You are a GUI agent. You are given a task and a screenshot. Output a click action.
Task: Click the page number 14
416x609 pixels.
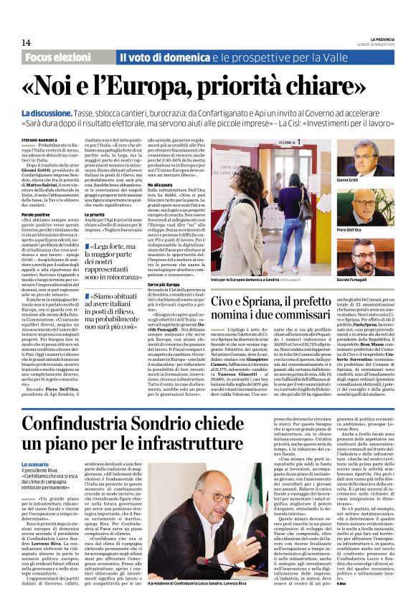(26, 42)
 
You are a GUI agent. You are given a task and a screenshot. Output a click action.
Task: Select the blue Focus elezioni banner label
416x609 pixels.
(62, 57)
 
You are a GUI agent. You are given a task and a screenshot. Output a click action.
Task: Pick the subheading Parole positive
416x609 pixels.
(35, 214)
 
